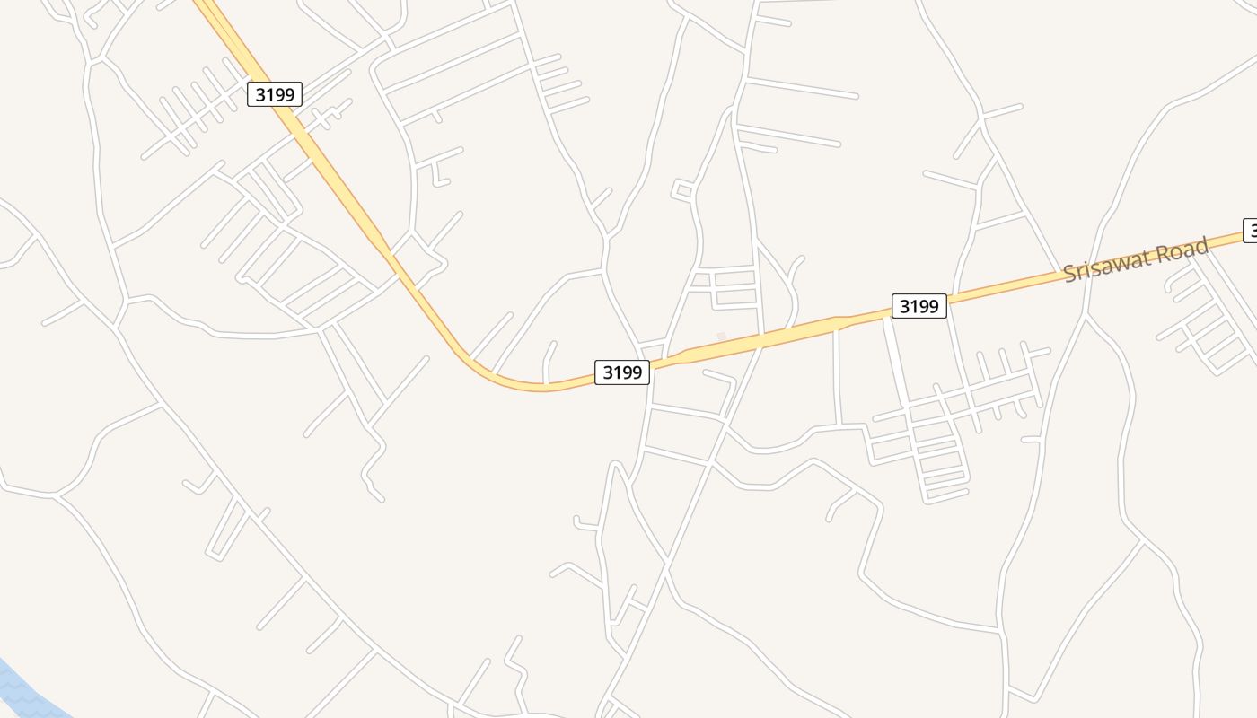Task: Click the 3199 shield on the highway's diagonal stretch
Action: point(275,94)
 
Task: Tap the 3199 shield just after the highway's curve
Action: point(622,372)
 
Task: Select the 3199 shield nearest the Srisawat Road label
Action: point(919,306)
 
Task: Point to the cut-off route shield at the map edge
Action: point(1250,231)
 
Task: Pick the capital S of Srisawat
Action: point(1069,275)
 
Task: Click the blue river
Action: point(22,691)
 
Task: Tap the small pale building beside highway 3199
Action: point(721,337)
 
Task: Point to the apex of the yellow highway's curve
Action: point(539,387)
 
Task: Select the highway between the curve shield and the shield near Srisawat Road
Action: point(772,338)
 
